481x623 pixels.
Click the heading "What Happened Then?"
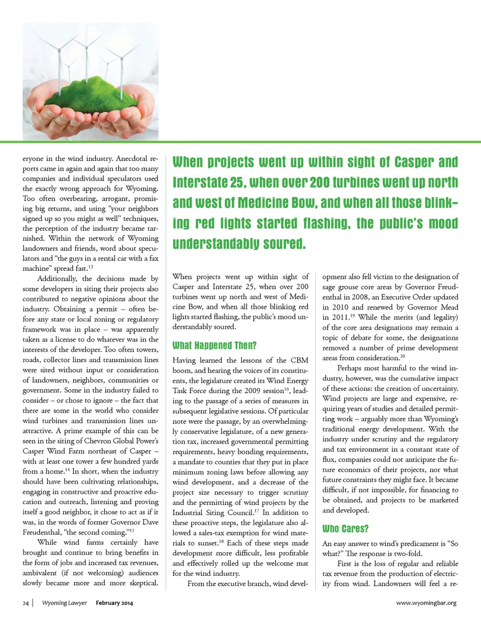[x=214, y=346]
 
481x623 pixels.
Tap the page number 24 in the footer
[x=26, y=603]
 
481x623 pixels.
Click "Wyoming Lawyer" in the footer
[x=64, y=603]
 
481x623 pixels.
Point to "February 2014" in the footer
[x=114, y=603]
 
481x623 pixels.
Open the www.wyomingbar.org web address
[x=426, y=603]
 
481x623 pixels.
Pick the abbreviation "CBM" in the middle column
[x=299, y=360]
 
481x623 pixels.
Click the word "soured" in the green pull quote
[x=284, y=244]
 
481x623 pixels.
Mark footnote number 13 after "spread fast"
[x=91, y=267]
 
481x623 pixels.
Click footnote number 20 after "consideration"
[x=402, y=356]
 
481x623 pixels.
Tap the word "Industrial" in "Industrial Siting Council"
[x=190, y=513]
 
